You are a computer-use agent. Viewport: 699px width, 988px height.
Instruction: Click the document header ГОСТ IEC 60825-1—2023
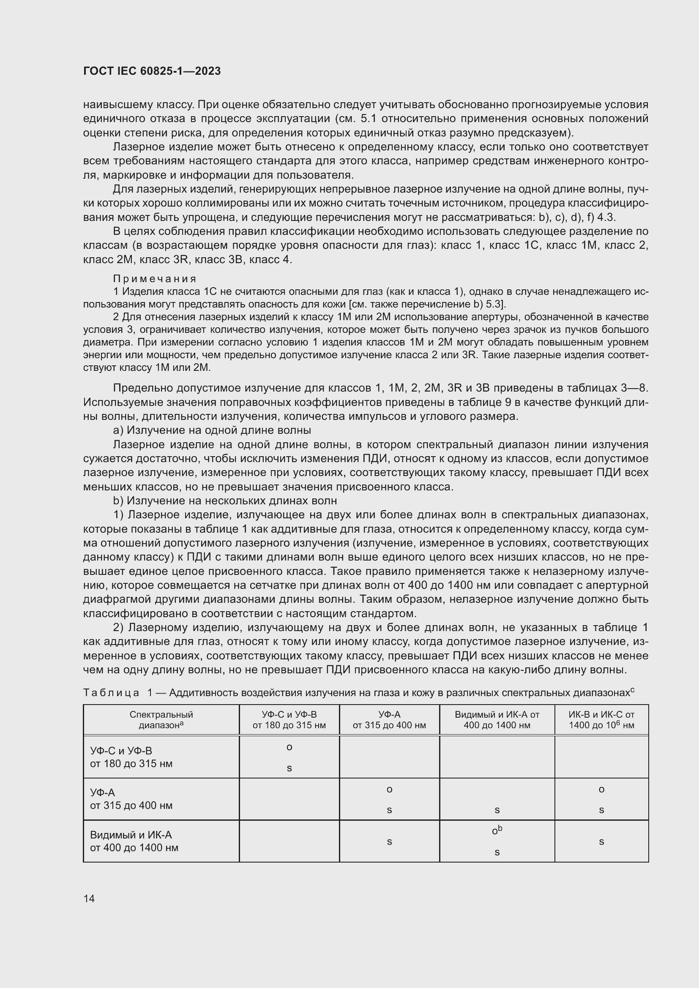pyautogui.click(x=152, y=71)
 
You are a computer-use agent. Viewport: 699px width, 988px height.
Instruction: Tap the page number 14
pyautogui.click(x=89, y=898)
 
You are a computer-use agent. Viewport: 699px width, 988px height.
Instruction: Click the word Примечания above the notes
pyautogui.click(x=155, y=279)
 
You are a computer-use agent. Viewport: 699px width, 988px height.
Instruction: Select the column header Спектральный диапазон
pyautogui.click(x=161, y=720)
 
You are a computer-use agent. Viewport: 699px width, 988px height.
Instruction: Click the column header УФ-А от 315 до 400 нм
pyautogui.click(x=389, y=720)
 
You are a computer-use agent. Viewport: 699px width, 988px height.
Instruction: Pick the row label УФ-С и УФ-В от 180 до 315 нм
pyautogui.click(x=131, y=757)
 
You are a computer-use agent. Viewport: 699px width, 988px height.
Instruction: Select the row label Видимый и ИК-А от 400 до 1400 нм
pyautogui.click(x=134, y=842)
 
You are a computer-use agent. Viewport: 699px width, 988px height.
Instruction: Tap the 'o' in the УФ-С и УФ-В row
pyautogui.click(x=289, y=748)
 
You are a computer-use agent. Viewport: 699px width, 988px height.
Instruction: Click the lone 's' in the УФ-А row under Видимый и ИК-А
pyautogui.click(x=497, y=810)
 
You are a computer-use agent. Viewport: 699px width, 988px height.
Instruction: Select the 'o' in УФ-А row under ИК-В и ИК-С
pyautogui.click(x=601, y=789)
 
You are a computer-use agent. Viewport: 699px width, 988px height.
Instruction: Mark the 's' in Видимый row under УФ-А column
pyautogui.click(x=389, y=842)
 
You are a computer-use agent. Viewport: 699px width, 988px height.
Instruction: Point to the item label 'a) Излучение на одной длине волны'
pyautogui.click(x=212, y=430)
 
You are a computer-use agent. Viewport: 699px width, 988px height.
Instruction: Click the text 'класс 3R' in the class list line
pyautogui.click(x=166, y=260)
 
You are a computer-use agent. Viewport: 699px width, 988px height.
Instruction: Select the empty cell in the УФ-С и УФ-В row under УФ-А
pyautogui.click(x=389, y=757)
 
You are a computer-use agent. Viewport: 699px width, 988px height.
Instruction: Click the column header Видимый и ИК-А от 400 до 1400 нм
pyautogui.click(x=497, y=720)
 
